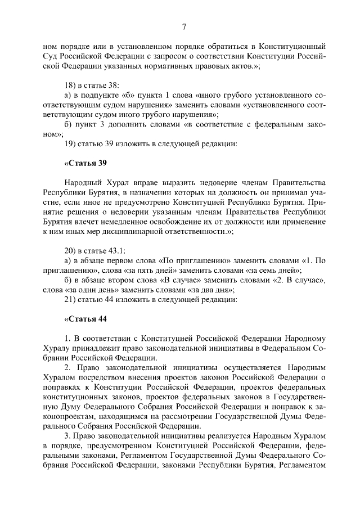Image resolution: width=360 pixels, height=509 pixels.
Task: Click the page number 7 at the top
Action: point(184,27)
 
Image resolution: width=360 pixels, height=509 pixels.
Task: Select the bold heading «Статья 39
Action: point(86,163)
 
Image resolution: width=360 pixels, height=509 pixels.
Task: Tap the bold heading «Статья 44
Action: point(86,319)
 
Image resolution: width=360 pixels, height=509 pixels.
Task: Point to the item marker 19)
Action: point(71,143)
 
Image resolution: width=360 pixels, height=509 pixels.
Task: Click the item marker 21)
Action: point(71,299)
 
